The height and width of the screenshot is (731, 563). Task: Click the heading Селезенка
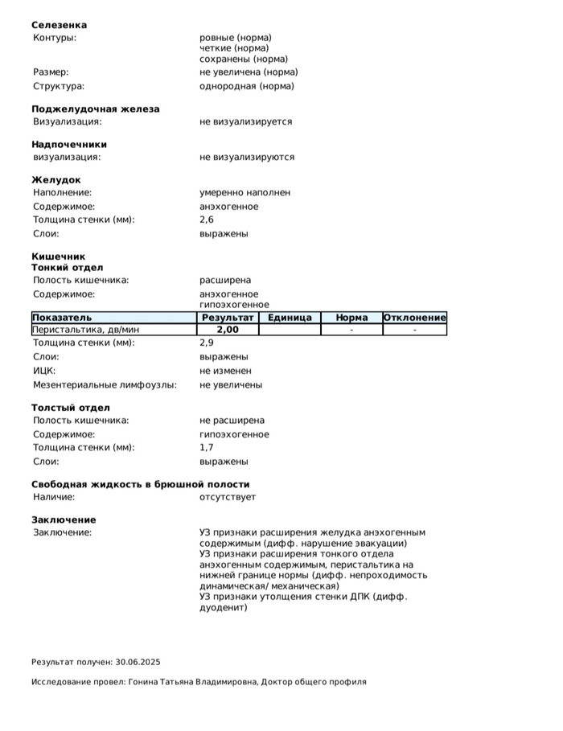point(59,25)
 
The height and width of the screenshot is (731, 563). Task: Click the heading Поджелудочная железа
point(95,109)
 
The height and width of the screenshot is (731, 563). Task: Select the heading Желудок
point(55,179)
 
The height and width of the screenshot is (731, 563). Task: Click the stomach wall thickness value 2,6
point(207,220)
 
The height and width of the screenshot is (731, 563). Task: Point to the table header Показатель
point(63,318)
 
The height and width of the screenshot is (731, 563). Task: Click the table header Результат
point(228,318)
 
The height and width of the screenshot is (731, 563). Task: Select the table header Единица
point(290,318)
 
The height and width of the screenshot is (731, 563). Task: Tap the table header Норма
point(351,318)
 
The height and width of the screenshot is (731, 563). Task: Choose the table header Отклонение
point(414,318)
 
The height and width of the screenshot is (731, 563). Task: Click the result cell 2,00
point(228,330)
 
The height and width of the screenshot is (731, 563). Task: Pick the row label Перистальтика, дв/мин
point(86,330)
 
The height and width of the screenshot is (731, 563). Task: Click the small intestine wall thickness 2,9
point(207,343)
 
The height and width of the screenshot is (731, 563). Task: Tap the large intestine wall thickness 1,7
point(207,448)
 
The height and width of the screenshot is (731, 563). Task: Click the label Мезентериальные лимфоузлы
point(105,384)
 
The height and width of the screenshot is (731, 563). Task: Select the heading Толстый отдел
point(71,408)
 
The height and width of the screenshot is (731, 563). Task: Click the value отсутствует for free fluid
point(228,497)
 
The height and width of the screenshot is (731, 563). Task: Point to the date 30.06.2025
point(138,663)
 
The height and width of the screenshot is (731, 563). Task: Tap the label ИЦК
point(44,371)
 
